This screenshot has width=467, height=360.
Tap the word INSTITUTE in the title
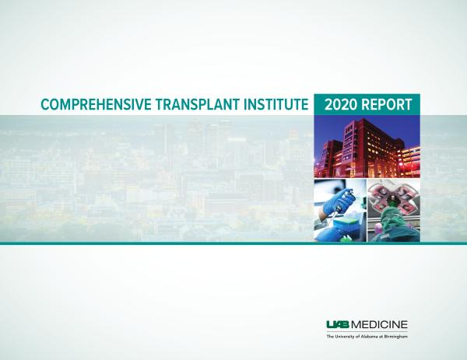(x=276, y=105)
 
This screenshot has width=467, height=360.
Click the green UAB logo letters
(x=339, y=324)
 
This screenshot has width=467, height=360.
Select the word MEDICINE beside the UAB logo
(x=380, y=324)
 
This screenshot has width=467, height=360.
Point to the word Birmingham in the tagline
(x=396, y=337)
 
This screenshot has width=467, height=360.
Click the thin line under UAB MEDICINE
(x=367, y=331)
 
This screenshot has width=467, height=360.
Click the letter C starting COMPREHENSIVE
(x=45, y=105)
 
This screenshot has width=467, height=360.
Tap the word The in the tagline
(x=330, y=337)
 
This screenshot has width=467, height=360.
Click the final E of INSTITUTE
(x=304, y=105)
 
